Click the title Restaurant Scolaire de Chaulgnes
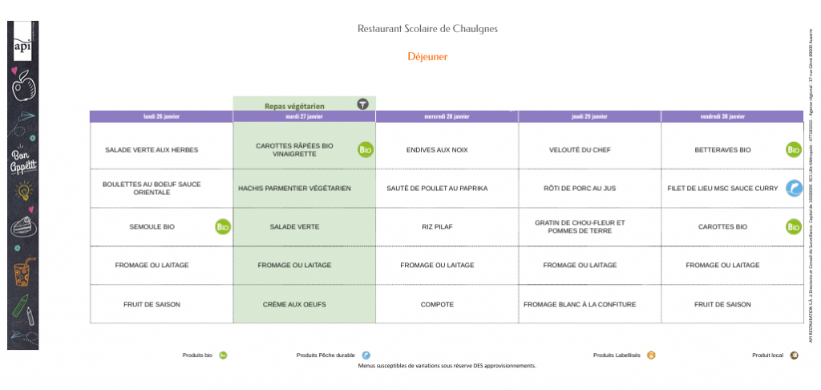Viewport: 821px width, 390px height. pyautogui.click(x=427, y=29)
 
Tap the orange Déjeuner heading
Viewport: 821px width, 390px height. pyautogui.click(x=427, y=57)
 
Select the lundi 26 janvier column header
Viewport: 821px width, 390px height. pyautogui.click(x=161, y=116)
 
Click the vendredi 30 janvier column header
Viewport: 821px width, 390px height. pyautogui.click(x=732, y=116)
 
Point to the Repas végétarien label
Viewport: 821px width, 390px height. pyautogui.click(x=294, y=105)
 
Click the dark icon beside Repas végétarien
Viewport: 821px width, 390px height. pyautogui.click(x=363, y=104)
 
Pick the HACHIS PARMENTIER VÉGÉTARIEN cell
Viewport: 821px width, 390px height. pyautogui.click(x=295, y=189)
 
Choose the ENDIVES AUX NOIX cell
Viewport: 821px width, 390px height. pyautogui.click(x=437, y=150)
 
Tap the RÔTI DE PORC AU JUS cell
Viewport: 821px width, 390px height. pyautogui.click(x=580, y=189)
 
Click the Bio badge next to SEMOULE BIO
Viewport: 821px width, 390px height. pyautogui.click(x=223, y=227)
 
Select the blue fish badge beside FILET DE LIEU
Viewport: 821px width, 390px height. pyautogui.click(x=793, y=189)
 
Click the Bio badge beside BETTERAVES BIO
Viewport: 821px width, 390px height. pyautogui.click(x=793, y=150)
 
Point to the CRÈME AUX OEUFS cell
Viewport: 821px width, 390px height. pyautogui.click(x=294, y=304)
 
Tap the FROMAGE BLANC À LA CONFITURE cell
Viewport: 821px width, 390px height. pyautogui.click(x=580, y=304)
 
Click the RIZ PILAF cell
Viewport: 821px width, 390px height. pyautogui.click(x=437, y=227)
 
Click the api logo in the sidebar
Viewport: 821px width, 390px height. pyautogui.click(x=22, y=46)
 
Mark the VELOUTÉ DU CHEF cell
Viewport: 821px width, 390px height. pyautogui.click(x=580, y=150)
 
